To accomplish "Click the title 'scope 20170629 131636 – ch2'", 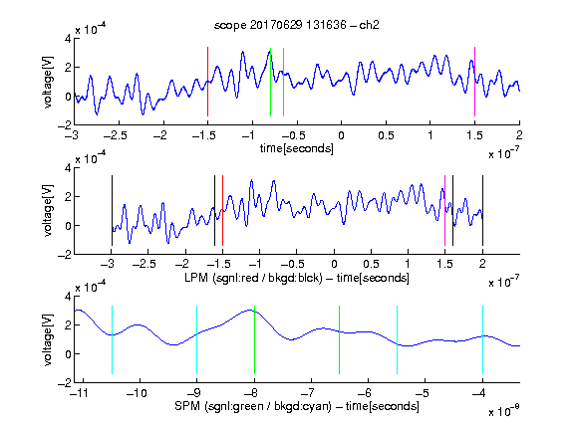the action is (297, 25).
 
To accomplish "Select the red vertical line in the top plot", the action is (207, 82).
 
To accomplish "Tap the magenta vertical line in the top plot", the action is (474, 82).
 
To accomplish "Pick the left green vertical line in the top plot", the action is (270, 83).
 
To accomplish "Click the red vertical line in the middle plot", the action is (222, 211).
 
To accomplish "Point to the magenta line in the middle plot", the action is (444, 211).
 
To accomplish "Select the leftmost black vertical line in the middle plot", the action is (112, 211).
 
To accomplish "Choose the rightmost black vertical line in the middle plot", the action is (482, 211).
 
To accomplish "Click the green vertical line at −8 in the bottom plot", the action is (254, 339).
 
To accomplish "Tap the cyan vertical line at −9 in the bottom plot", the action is (197, 339).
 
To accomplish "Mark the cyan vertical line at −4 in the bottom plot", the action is (482, 339).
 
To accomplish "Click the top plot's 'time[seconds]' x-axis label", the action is (297, 148).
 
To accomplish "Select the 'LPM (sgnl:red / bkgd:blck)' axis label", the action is (253, 278).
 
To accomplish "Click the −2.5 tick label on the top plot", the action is (115, 135).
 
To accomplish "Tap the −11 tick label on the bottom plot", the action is (79, 393).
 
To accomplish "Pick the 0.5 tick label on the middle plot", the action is (371, 264).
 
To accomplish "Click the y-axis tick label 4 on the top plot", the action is (68, 39).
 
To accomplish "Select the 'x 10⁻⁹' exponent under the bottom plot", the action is (504, 410).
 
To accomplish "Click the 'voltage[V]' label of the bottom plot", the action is (48, 339).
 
